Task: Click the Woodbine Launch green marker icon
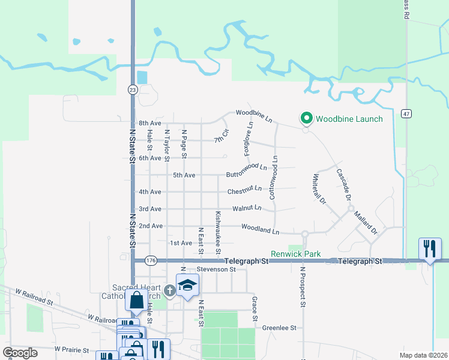point(306,118)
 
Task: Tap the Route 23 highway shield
point(133,89)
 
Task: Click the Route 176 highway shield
point(151,260)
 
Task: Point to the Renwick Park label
point(295,254)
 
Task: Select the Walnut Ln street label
point(247,208)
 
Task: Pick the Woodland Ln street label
point(261,229)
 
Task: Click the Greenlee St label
point(280,328)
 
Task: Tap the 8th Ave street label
point(150,123)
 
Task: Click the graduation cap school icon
point(187,285)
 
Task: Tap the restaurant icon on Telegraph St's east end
point(430,248)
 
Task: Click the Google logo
point(20,353)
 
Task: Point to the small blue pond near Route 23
point(142,77)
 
